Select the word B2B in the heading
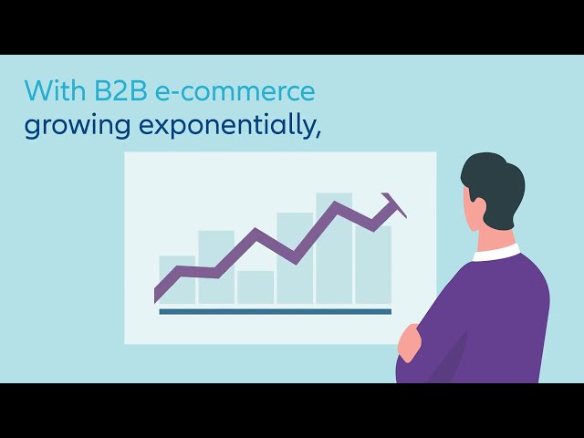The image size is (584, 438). pos(121,90)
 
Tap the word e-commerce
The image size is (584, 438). pos(235,91)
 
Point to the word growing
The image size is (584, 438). pos(78,127)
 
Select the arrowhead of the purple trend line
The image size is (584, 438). pos(394,204)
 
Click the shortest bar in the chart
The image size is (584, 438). pos(255,287)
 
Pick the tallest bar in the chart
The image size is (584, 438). pos(334,248)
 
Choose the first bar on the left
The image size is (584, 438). pos(177,279)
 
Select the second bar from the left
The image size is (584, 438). pos(216,267)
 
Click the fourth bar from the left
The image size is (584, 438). pos(295,258)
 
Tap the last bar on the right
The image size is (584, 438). pos(373,265)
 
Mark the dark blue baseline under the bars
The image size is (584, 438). pos(276,312)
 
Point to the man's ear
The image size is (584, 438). pos(479,207)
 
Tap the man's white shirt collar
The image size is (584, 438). pos(496,253)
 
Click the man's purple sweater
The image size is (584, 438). pos(485,320)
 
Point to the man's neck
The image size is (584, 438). pos(494,238)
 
